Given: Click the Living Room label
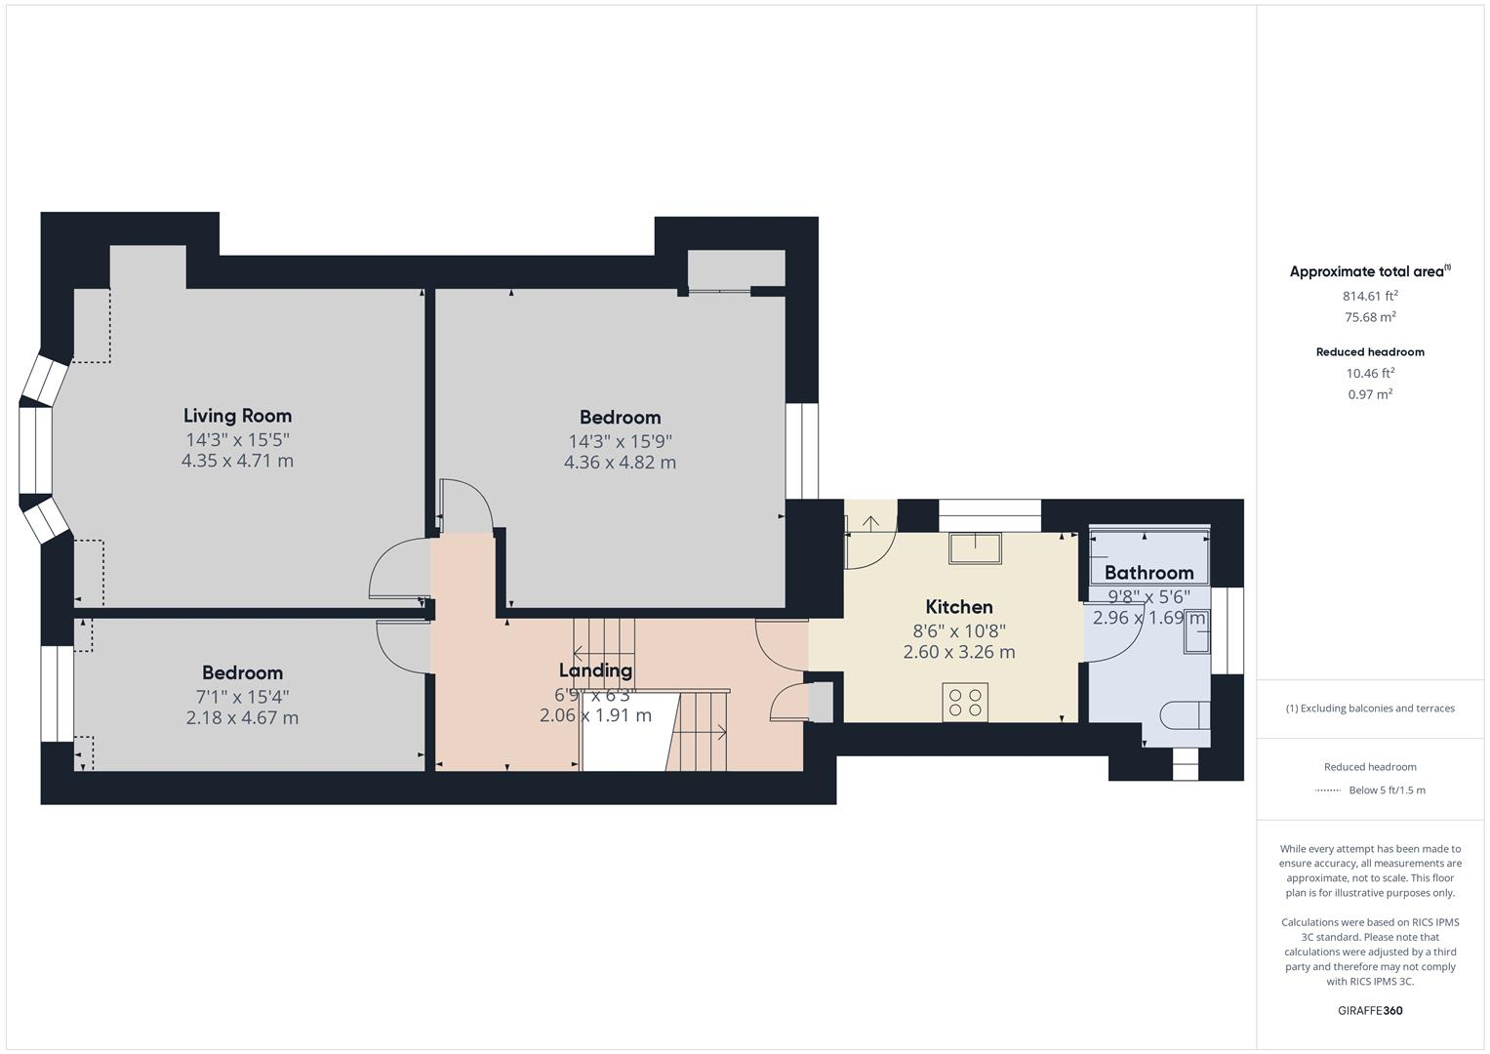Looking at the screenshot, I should point(237,416).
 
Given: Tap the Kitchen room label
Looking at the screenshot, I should point(958,607).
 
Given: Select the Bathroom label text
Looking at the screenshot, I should point(1148,573).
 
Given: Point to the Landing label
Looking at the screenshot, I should point(595,670).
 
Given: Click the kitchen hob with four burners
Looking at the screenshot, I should point(965,703).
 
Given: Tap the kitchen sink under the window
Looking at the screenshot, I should point(975,548).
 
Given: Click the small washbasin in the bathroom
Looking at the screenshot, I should point(1195,637).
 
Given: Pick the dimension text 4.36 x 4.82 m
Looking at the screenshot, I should point(620,463).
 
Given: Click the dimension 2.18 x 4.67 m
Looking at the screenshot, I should point(242,718).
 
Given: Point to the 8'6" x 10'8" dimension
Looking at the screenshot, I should point(958,630).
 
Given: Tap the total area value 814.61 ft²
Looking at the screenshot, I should point(1370,296).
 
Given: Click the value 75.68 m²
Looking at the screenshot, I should point(1370,317).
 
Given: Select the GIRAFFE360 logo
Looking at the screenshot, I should point(1370,1011).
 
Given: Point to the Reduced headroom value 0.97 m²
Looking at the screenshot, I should point(1370,394).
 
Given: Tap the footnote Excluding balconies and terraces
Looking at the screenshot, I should point(1370,709).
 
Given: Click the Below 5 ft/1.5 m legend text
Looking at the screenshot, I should point(1387,790).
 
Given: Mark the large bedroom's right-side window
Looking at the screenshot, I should point(801,451).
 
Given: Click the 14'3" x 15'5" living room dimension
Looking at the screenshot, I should point(237,440).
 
